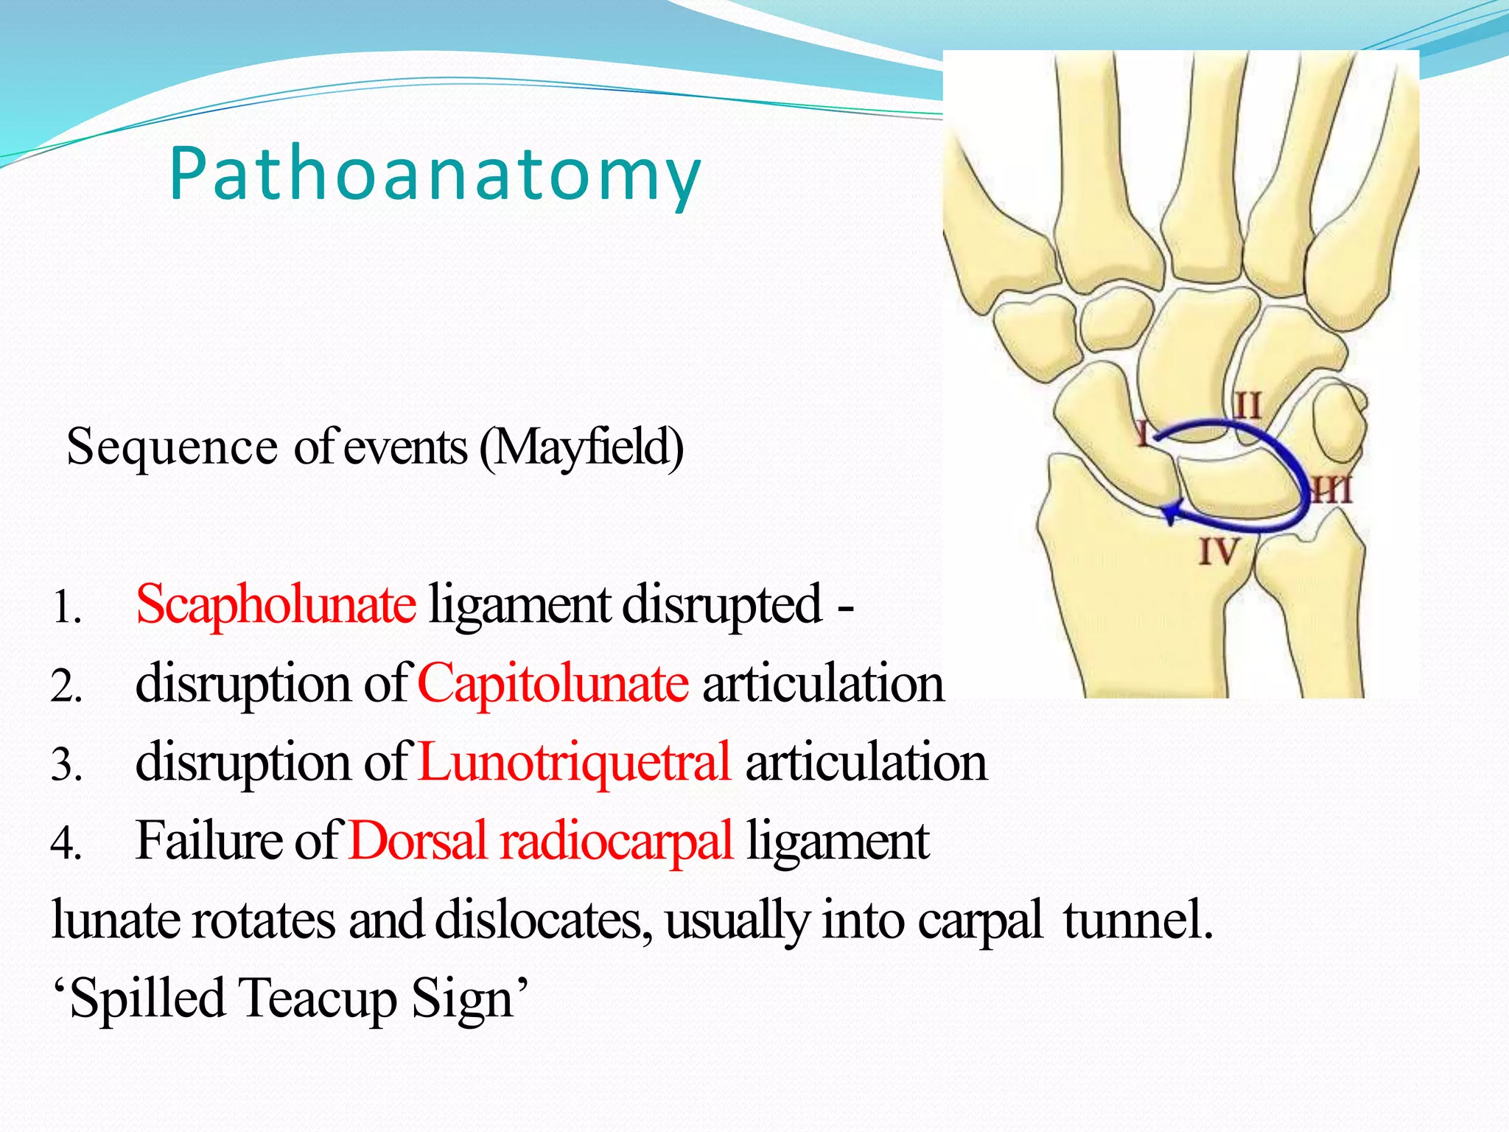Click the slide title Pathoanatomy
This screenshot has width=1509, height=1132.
(x=435, y=174)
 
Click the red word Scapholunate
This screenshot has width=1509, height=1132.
(x=276, y=604)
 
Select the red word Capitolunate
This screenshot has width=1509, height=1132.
(x=553, y=683)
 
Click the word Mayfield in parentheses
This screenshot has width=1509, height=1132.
(x=581, y=447)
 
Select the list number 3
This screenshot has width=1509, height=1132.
(x=66, y=765)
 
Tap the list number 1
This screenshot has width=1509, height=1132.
(x=66, y=609)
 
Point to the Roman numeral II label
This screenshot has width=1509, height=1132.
(x=1247, y=406)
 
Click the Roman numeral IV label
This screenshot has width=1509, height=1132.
(x=1217, y=551)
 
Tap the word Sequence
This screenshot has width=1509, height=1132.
(x=172, y=447)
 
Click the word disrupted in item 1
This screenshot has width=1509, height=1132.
(x=722, y=604)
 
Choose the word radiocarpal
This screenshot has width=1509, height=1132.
(x=617, y=841)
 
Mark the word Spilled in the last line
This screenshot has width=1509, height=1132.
(x=147, y=999)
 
